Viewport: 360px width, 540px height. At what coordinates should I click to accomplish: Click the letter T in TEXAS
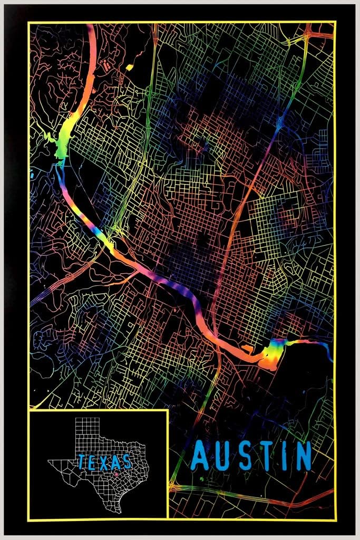tap(82, 462)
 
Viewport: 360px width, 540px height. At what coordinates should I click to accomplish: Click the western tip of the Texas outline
tap(50, 462)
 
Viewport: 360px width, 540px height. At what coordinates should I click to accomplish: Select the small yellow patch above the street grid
tap(129, 67)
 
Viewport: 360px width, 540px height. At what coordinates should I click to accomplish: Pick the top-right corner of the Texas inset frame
tap(168, 410)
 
